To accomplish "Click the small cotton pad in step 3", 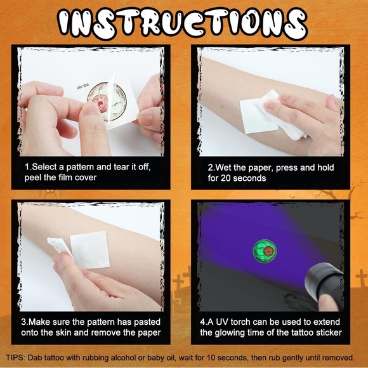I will click(58, 247).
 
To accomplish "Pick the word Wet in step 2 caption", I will click(228, 167).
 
